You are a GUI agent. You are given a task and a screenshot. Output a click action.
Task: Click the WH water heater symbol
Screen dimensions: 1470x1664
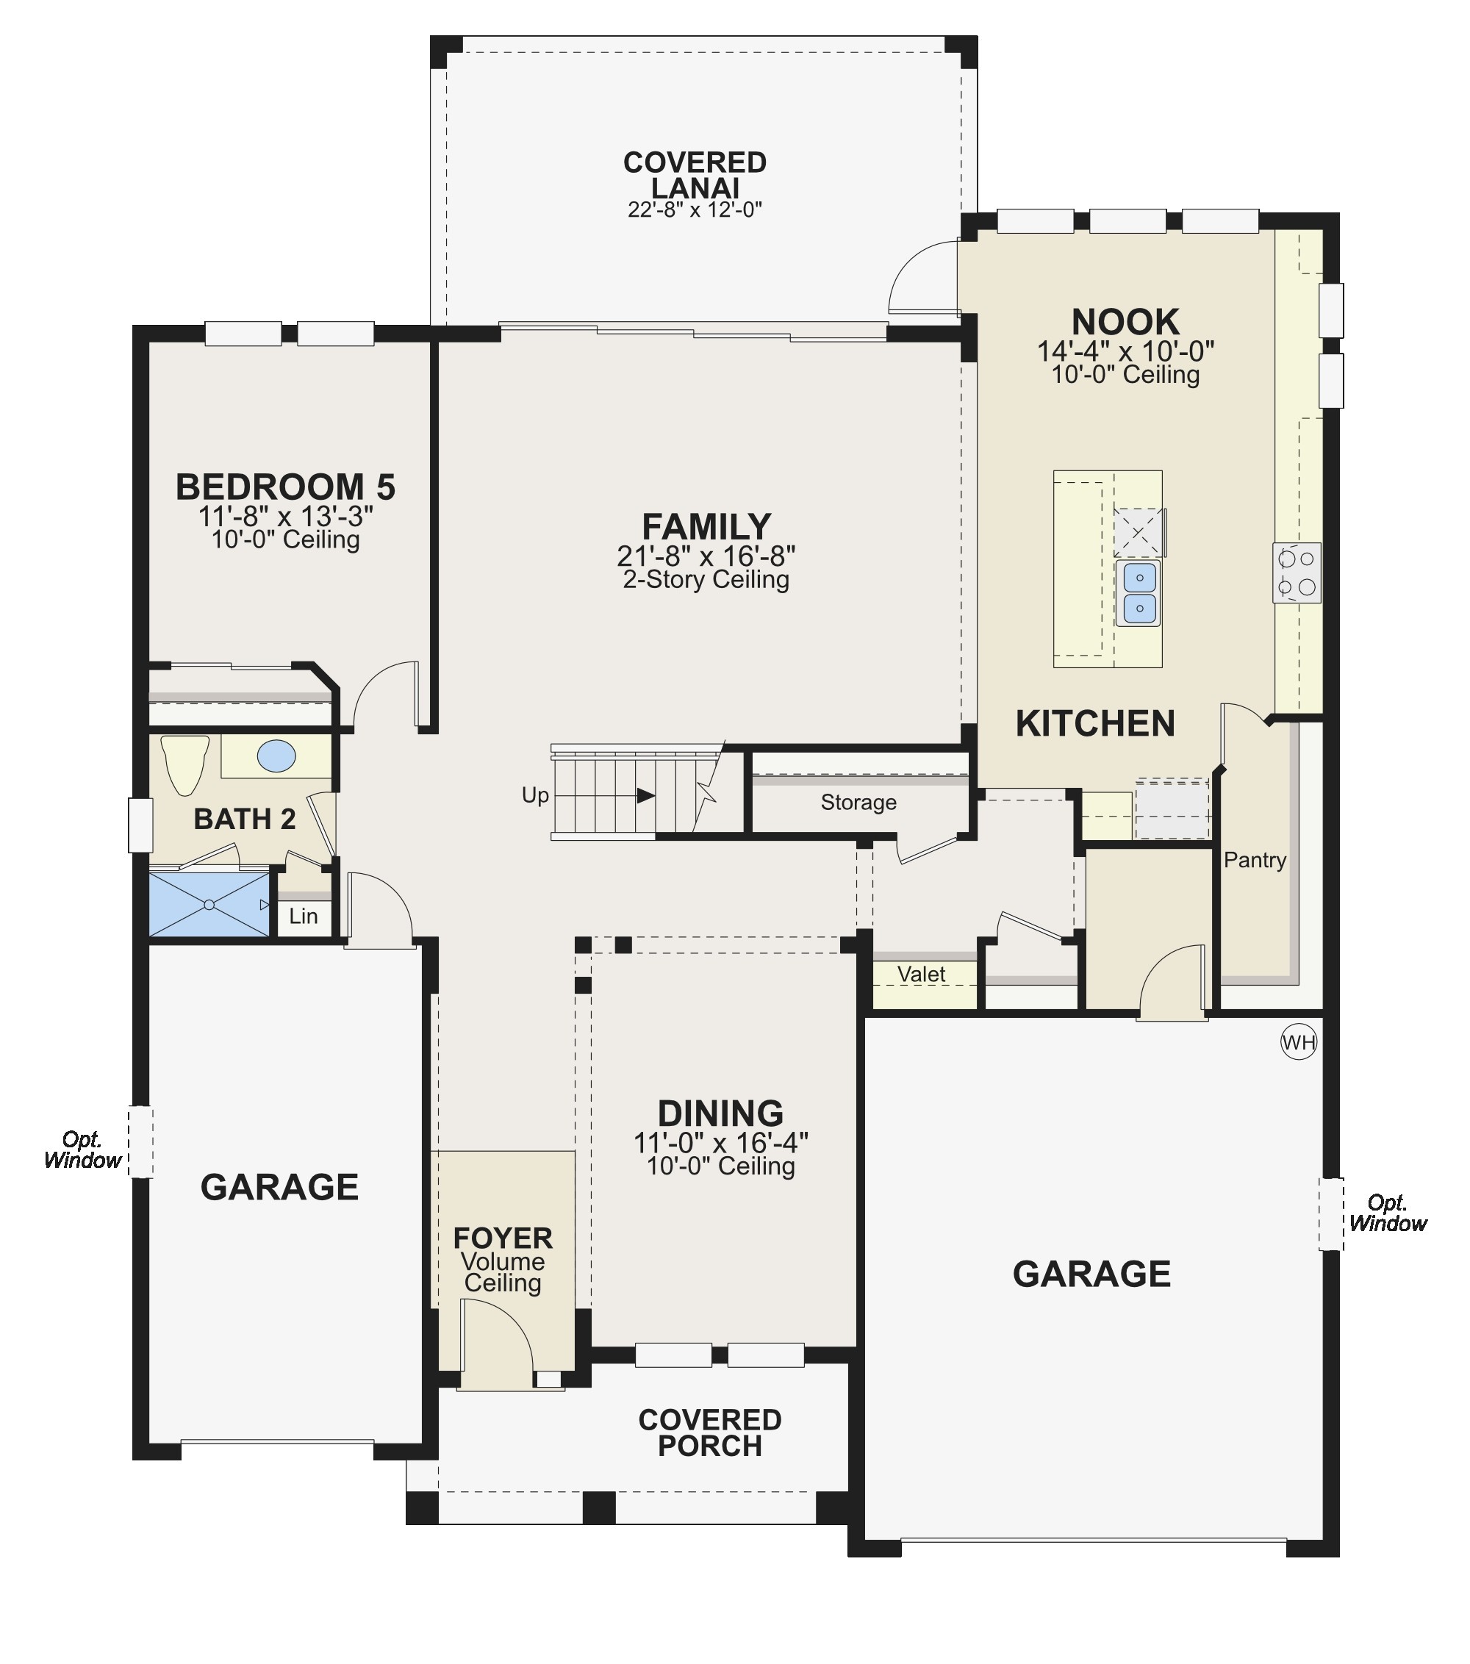pyautogui.click(x=1298, y=1042)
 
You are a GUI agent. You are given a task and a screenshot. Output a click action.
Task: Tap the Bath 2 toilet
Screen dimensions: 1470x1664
pyautogui.click(x=184, y=764)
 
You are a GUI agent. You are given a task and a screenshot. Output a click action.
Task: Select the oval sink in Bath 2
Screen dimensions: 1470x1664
pyautogui.click(x=277, y=756)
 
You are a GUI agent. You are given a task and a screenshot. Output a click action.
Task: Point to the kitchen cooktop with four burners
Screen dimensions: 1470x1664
pyautogui.click(x=1297, y=573)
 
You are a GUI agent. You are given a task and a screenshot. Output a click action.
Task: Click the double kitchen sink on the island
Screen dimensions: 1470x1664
pyautogui.click(x=1139, y=592)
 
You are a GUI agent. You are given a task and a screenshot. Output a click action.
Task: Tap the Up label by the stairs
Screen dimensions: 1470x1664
pyautogui.click(x=535, y=795)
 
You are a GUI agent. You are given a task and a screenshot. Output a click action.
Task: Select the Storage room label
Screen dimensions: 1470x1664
pyautogui.click(x=858, y=803)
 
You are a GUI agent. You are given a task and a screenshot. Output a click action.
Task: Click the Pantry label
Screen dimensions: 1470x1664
pyautogui.click(x=1255, y=860)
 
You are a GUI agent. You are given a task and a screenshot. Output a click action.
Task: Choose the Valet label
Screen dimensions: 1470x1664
pyautogui.click(x=922, y=974)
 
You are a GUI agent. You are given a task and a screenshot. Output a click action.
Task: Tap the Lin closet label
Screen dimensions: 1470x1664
pyautogui.click(x=304, y=916)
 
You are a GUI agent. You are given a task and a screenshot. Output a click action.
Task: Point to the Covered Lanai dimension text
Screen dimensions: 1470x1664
pyautogui.click(x=695, y=209)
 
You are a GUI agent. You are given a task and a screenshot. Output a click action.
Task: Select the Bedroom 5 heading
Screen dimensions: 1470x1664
pyautogui.click(x=286, y=487)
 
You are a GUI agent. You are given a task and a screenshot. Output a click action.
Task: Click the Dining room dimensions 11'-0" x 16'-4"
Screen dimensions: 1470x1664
pyautogui.click(x=721, y=1143)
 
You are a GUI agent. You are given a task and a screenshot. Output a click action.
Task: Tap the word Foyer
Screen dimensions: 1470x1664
pyautogui.click(x=503, y=1238)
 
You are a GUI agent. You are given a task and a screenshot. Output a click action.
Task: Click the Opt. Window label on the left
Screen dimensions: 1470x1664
pyautogui.click(x=83, y=1150)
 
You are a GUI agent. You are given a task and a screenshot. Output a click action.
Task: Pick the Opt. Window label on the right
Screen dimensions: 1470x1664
pyautogui.click(x=1388, y=1213)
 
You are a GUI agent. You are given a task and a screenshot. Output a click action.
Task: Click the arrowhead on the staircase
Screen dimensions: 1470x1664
pyautogui.click(x=645, y=795)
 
